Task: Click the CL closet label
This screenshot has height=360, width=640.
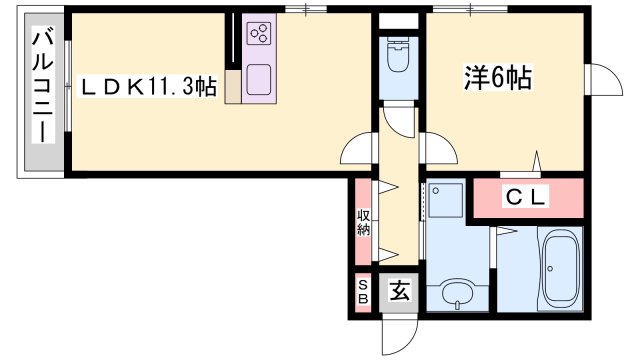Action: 524,198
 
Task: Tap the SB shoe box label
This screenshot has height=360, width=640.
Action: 363,290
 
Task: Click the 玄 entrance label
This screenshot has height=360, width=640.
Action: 399,291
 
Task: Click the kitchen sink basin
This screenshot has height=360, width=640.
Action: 260,79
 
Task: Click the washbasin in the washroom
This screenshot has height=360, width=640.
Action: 458,297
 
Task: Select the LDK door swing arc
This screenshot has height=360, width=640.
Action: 358,152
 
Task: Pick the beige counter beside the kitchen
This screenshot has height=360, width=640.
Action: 233,86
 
